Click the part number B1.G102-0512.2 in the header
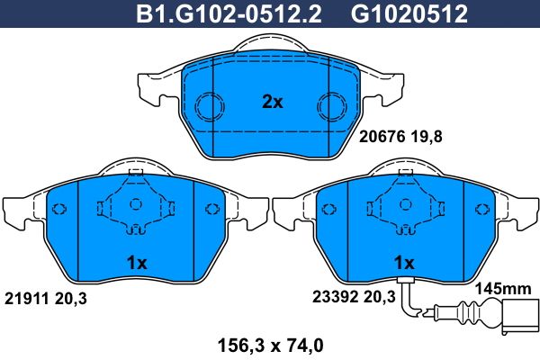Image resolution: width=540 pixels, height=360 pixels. [229, 14]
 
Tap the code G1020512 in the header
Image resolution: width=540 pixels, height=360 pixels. [409, 14]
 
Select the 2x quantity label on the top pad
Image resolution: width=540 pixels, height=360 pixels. [272, 102]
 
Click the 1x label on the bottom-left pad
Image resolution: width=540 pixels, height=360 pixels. [137, 263]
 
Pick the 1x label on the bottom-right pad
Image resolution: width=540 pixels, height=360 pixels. [404, 263]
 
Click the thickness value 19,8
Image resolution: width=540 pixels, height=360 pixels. [427, 137]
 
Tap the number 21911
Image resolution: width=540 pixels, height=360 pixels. [26, 298]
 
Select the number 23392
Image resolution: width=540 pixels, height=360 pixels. [335, 296]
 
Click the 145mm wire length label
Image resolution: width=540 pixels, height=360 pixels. [503, 289]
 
